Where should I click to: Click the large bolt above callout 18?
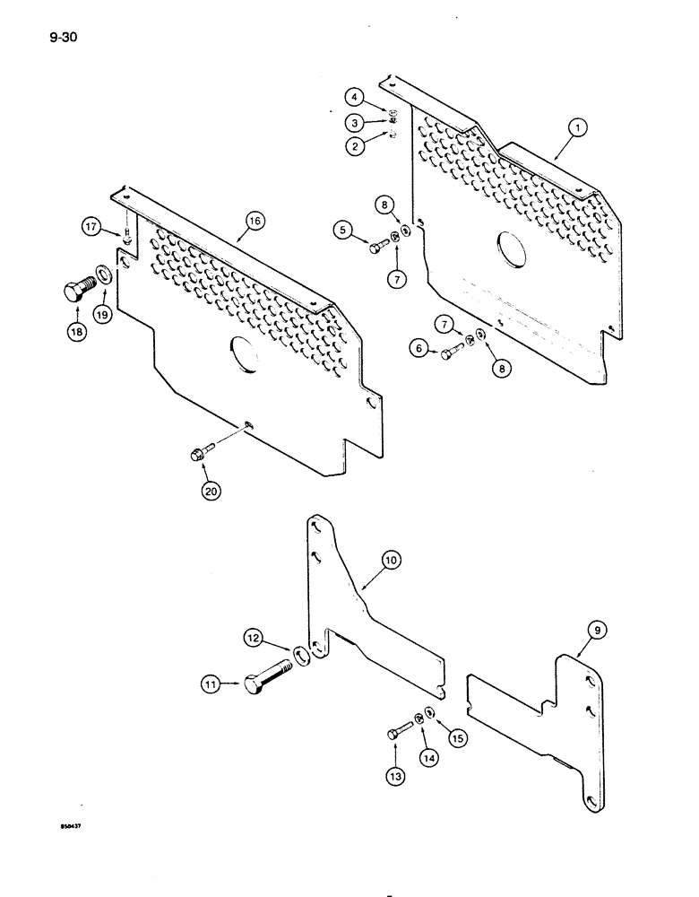[78, 289]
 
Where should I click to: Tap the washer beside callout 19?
[106, 272]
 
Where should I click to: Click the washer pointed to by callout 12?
[302, 655]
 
